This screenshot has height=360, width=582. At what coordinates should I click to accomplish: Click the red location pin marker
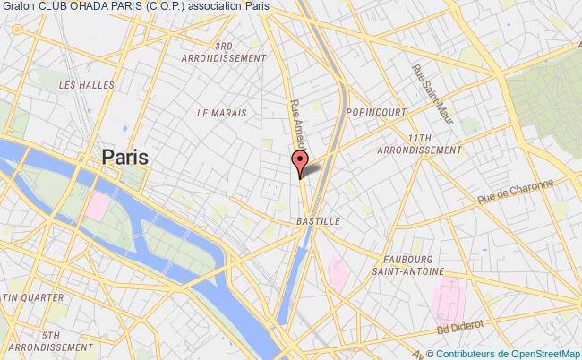click(x=299, y=164)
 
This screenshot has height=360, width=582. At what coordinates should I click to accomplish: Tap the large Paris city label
click(x=125, y=157)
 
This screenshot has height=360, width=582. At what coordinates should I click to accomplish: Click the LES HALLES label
click(x=78, y=85)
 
